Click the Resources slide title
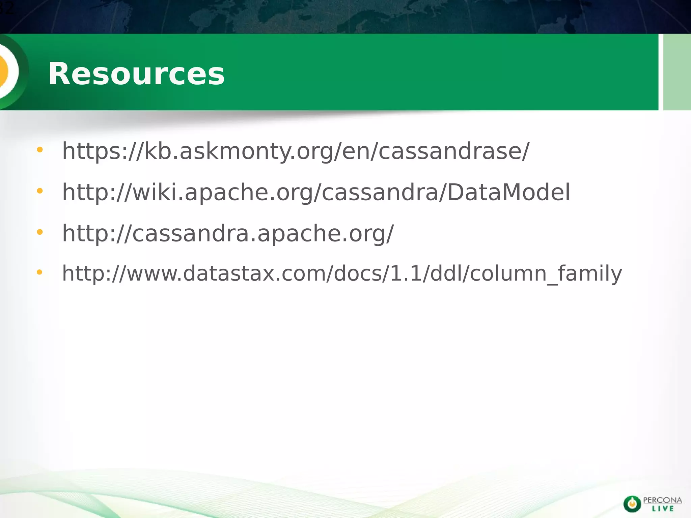click(x=136, y=74)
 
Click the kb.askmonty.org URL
click(x=296, y=151)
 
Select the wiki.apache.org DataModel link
click(x=316, y=192)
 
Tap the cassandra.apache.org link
click(x=228, y=233)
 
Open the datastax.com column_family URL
click(x=342, y=273)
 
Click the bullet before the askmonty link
click(x=40, y=150)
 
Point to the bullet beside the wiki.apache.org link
click(x=40, y=191)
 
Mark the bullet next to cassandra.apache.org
click(x=40, y=232)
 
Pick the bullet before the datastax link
click(x=40, y=272)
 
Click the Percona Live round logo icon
click(x=632, y=504)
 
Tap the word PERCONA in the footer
click(x=663, y=500)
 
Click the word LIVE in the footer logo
click(x=663, y=509)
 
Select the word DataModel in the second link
click(x=509, y=192)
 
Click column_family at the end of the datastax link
click(x=546, y=273)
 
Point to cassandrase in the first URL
click(x=450, y=151)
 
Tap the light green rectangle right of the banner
click(x=677, y=72)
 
